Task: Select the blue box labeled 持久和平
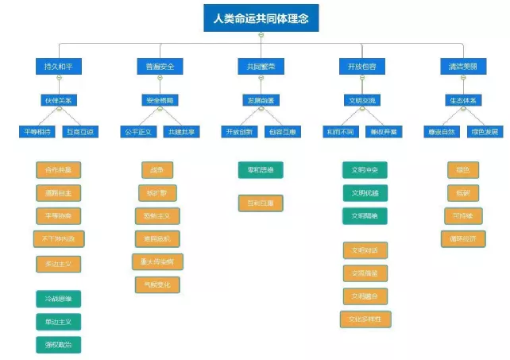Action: pyautogui.click(x=58, y=67)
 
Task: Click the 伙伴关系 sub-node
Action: pyautogui.click(x=58, y=100)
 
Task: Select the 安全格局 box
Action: pyautogui.click(x=160, y=100)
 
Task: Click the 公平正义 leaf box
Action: pyautogui.click(x=137, y=131)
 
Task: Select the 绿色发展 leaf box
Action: pyautogui.click(x=485, y=131)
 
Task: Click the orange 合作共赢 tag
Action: pyautogui.click(x=59, y=169)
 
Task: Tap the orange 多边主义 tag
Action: pyautogui.click(x=59, y=264)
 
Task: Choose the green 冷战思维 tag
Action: pyautogui.click(x=59, y=299)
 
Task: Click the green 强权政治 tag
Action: pyautogui.click(x=59, y=344)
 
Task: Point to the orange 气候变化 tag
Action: pyautogui.click(x=157, y=285)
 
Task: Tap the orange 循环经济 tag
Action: pyautogui.click(x=463, y=238)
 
